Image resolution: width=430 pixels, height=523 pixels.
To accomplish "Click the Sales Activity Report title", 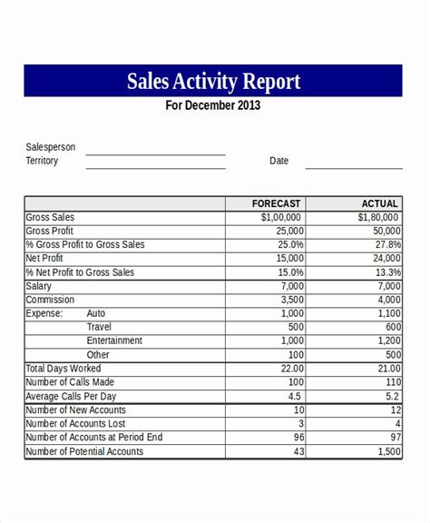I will click(x=213, y=83).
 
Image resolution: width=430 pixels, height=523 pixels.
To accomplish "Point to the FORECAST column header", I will click(x=277, y=204).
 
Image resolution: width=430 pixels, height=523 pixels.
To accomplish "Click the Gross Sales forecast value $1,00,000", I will click(x=281, y=218).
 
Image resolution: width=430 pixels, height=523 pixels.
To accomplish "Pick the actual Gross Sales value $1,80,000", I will click(x=377, y=218).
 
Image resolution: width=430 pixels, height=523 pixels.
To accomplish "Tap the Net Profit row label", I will click(x=45, y=259).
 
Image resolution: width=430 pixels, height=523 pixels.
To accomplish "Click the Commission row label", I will click(x=50, y=300).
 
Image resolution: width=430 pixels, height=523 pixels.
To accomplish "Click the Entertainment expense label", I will click(x=114, y=340).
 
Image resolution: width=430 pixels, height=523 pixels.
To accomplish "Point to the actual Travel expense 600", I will click(x=392, y=327).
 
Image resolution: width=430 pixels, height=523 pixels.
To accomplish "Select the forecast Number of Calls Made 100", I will click(x=294, y=382).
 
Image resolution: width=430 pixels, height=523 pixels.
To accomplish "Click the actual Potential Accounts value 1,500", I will click(x=386, y=451).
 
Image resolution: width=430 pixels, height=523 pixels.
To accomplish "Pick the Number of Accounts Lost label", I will click(x=77, y=423).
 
